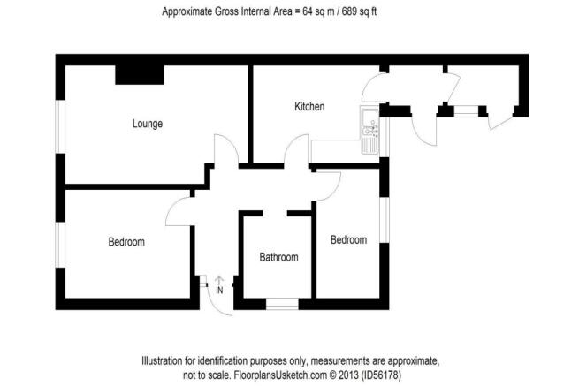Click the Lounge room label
[x=148, y=124]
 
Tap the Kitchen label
[x=309, y=107]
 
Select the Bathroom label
[x=278, y=257]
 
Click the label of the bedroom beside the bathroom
[x=348, y=240]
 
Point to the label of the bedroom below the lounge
[x=126, y=242]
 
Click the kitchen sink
[x=369, y=129]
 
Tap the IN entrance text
[x=219, y=291]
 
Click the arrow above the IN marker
[x=219, y=280]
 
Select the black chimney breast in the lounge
[x=140, y=75]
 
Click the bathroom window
[x=282, y=304]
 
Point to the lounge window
[x=60, y=126]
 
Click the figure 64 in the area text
[x=308, y=11]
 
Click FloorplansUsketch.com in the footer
[x=280, y=375]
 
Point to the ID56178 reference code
[x=381, y=375]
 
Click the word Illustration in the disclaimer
[x=162, y=360]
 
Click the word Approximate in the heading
[x=187, y=11]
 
